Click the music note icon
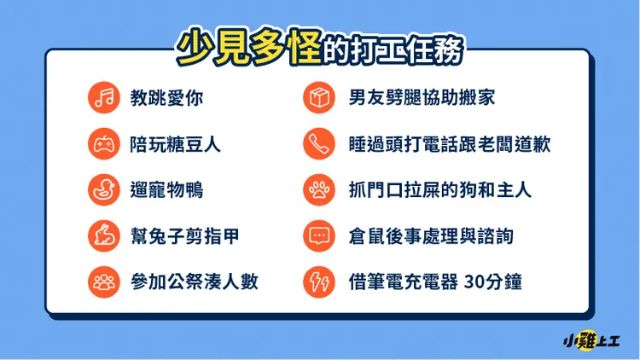point(102,98)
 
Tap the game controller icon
point(102,144)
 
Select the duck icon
point(102,189)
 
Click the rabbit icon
point(102,235)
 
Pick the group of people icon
point(102,280)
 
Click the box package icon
point(319,98)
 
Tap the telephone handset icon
point(319,144)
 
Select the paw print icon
point(319,189)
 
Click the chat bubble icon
point(319,235)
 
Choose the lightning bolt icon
point(319,280)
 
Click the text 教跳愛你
point(167,98)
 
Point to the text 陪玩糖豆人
point(176,144)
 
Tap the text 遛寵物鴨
point(167,189)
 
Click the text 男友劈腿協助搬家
point(422,98)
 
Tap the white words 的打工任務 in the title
point(394,50)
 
